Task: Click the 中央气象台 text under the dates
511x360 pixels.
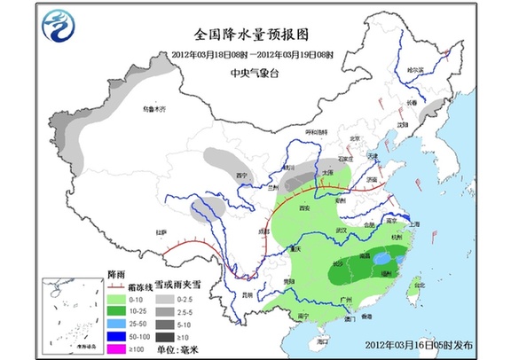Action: pos(254,74)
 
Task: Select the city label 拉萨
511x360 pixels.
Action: pos(161,232)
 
